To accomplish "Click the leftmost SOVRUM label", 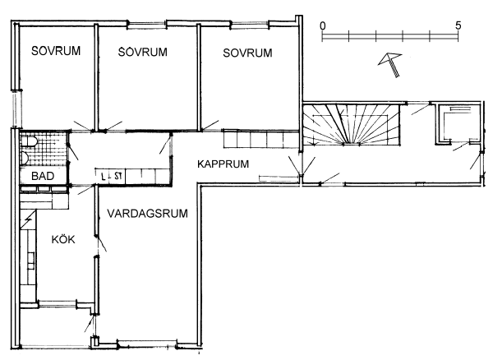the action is [56, 51].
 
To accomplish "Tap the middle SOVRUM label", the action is [143, 52].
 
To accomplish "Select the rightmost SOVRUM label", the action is [248, 53].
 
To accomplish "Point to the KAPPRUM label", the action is [223, 164].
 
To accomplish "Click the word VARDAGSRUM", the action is [147, 214].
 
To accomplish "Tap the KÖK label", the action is [63, 239].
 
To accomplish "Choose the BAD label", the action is [43, 176].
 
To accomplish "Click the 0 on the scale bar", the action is [323, 25].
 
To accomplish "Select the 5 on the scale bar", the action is [458, 25].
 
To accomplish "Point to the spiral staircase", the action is [351, 124].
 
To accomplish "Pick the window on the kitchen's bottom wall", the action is [58, 304].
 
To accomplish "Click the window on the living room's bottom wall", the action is [147, 344].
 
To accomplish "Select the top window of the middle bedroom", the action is [147, 24].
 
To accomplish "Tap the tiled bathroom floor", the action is [44, 149].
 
